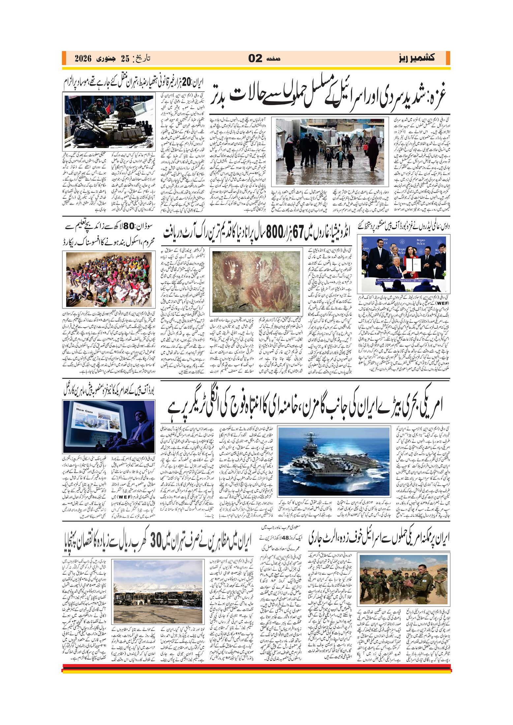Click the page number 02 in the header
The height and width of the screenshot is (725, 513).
255,58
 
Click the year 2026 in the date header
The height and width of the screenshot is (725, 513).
82,59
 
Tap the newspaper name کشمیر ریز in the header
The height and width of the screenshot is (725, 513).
416,58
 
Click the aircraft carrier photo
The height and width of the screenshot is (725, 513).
334,461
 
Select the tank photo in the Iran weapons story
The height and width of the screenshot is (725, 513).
109,122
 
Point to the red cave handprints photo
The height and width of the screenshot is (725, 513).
256,281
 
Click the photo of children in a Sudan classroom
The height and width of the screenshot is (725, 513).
108,280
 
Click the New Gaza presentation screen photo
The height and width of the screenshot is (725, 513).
108,426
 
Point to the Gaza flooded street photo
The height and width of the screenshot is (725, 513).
330,152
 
